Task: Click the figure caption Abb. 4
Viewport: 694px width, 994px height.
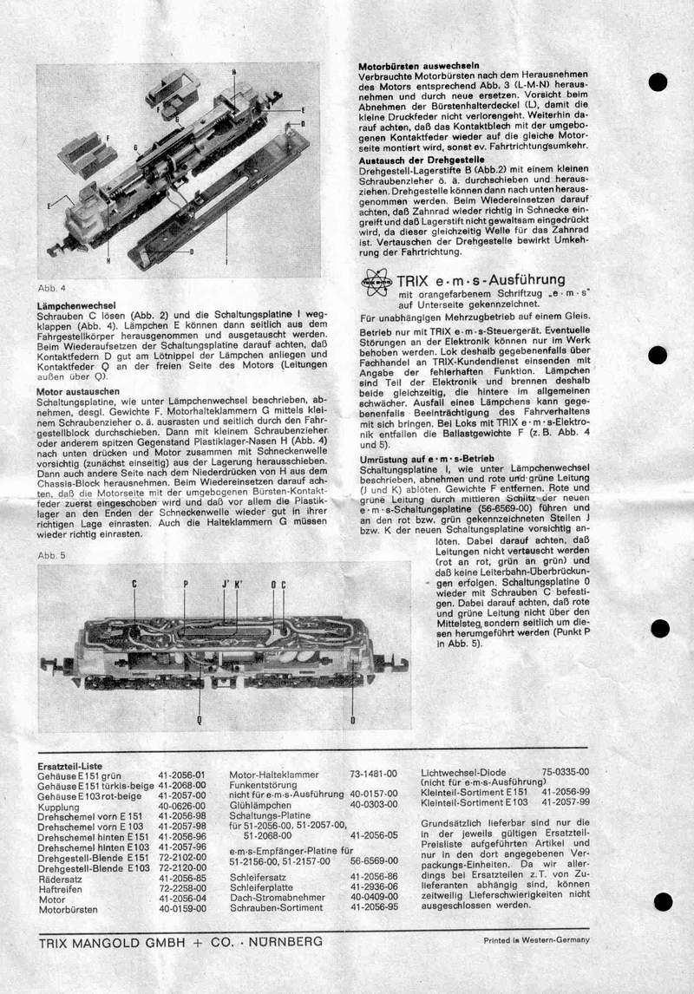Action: pos(51,287)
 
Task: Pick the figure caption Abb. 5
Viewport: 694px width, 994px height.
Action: pos(50,553)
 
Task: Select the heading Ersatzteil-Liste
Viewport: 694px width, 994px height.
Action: pos(70,767)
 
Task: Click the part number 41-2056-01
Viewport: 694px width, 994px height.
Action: pos(181,775)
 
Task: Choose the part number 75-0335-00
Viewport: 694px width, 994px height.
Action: pos(565,770)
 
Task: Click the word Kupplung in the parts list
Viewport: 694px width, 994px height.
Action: pos(59,806)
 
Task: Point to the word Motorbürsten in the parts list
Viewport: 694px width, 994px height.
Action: pos(68,909)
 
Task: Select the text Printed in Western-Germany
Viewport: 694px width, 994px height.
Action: pos(536,940)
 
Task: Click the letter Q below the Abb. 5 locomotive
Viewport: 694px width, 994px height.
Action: pos(199,719)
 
